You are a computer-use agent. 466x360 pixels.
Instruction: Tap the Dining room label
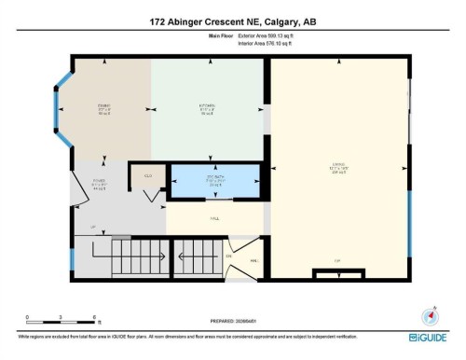click(x=104, y=107)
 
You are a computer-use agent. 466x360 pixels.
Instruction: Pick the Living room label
click(x=338, y=169)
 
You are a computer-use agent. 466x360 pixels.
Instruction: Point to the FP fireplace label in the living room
click(x=337, y=259)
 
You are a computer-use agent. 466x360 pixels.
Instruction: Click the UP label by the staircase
click(x=92, y=227)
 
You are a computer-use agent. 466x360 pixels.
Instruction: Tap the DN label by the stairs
click(x=227, y=256)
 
